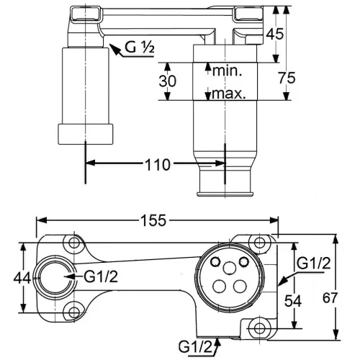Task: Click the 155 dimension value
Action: [x=153, y=220]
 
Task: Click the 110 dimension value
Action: [x=158, y=165]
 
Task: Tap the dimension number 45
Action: [x=275, y=34]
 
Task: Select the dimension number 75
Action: [x=287, y=78]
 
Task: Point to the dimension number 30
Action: [x=168, y=81]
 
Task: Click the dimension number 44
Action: [x=22, y=278]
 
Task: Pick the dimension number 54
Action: [x=293, y=301]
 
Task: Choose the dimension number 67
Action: [x=330, y=298]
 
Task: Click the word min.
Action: [x=227, y=71]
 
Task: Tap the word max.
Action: [x=229, y=94]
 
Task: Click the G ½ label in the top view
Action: [x=140, y=47]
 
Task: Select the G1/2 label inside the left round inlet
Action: [x=101, y=276]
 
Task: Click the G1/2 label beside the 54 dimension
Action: [x=314, y=263]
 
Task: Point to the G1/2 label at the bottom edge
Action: [x=196, y=347]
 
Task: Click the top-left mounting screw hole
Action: [x=74, y=243]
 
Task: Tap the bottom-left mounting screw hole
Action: [x=74, y=312]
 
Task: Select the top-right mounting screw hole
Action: [x=259, y=243]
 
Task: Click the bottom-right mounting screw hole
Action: [x=259, y=328]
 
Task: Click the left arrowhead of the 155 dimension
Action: [x=41, y=220]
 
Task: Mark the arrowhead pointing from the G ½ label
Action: [x=114, y=49]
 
